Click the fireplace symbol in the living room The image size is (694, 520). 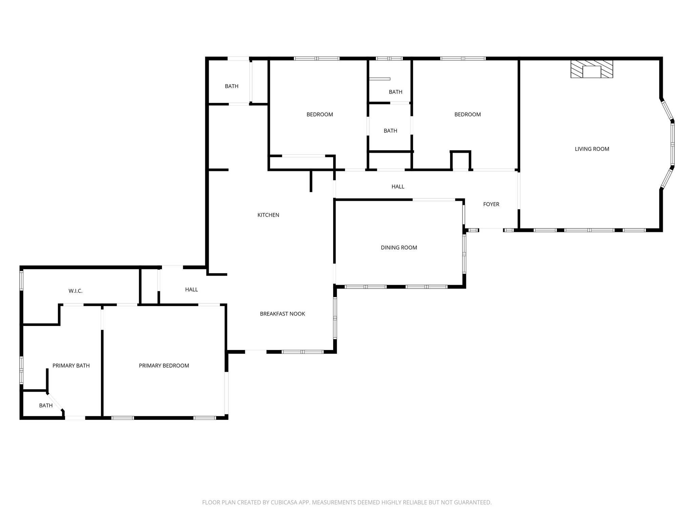tap(592, 69)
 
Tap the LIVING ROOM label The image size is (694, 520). tap(592, 149)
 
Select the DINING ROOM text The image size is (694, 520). tap(399, 247)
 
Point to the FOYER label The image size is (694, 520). tap(491, 204)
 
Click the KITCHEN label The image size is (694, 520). tap(268, 215)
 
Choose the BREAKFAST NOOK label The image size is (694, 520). tap(282, 314)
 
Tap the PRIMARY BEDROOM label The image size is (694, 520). tap(164, 366)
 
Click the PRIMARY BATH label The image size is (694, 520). tap(71, 366)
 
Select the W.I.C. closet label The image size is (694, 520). tap(75, 291)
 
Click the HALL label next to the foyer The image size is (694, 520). tap(398, 187)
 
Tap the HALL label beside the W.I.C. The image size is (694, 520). tap(191, 289)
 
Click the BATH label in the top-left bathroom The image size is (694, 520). tap(231, 86)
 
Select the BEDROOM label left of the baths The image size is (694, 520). tap(320, 114)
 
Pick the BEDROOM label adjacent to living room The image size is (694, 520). tap(467, 114)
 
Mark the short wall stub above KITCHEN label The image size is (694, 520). tap(311, 181)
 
